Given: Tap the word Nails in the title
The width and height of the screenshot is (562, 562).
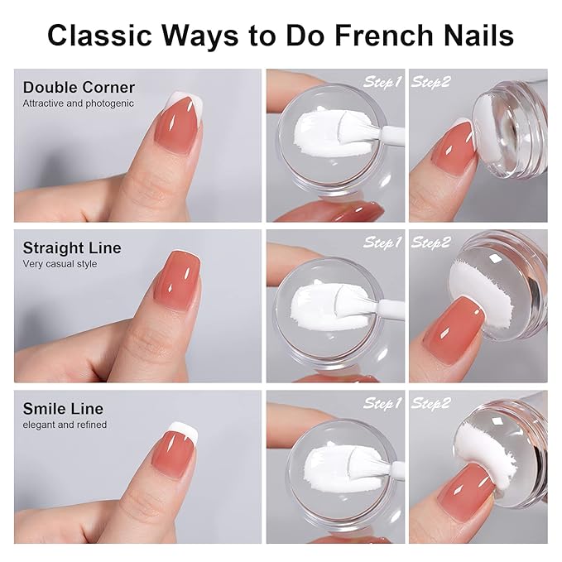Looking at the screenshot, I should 473,36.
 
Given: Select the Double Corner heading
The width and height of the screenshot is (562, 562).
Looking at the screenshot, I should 79,87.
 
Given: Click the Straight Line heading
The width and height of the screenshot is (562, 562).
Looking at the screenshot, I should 72,247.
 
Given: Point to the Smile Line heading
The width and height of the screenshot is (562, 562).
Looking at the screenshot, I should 65,408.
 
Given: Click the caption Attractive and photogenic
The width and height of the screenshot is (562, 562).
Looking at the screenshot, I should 78,103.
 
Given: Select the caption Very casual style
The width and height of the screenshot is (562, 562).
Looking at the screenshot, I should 60,264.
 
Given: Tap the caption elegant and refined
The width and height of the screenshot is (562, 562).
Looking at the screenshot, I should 65,425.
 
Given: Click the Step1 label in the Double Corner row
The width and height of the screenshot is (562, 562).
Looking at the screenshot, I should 382,82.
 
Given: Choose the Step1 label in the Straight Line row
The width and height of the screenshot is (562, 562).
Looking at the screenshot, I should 382,243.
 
